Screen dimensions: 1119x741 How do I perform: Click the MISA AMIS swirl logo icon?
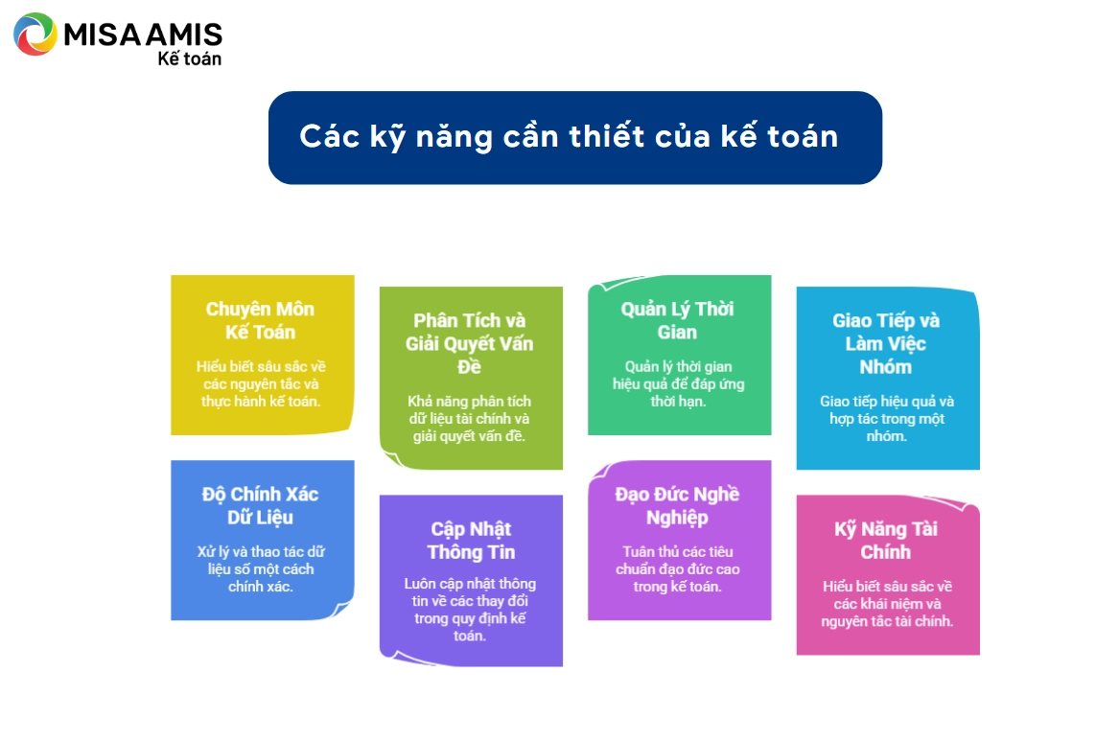coord(35,34)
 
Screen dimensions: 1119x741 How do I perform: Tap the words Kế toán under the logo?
coord(189,58)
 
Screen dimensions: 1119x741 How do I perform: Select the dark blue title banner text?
coord(569,136)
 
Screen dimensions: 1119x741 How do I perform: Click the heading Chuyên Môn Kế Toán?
coord(261,320)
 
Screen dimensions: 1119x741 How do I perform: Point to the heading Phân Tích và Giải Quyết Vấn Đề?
coord(470,344)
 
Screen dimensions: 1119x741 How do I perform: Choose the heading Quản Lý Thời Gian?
coord(677,320)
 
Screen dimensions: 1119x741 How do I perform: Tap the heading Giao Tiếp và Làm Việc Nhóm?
coord(886,344)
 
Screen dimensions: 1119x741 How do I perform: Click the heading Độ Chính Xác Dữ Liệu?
coord(261,505)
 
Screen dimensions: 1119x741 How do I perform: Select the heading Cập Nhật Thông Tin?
coord(471,541)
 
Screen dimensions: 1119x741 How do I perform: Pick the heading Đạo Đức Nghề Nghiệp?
coord(677,505)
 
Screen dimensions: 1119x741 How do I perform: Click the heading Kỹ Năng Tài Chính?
coord(886,541)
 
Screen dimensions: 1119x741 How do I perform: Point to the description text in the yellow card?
coord(261,383)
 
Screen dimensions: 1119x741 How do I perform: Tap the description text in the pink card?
coord(887,604)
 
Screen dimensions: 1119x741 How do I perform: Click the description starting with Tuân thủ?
coord(678,569)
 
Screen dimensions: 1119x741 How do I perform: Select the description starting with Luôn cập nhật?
coord(470,610)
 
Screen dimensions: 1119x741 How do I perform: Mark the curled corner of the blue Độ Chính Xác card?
coord(341,609)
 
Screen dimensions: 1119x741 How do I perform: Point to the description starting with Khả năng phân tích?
coord(470,419)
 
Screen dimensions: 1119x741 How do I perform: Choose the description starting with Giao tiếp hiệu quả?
coord(886,419)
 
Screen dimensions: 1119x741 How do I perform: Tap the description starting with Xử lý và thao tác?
coord(261,569)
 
